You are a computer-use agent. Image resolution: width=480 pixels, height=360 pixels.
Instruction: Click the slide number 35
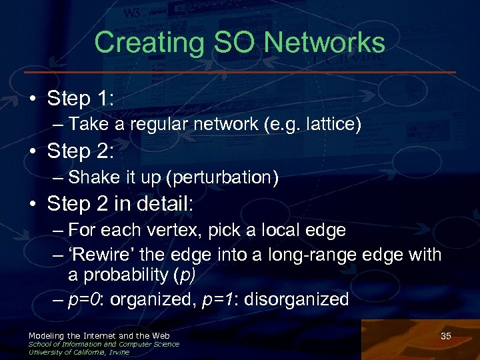[x=446, y=336]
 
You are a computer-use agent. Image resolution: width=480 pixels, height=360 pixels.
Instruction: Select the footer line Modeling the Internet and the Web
[x=99, y=335]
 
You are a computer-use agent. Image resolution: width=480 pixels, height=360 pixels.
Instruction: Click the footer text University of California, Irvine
[x=79, y=352]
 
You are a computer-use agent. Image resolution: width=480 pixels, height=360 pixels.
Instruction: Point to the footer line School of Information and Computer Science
[x=103, y=344]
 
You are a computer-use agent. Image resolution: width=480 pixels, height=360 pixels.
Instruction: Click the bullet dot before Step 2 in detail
[x=33, y=204]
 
